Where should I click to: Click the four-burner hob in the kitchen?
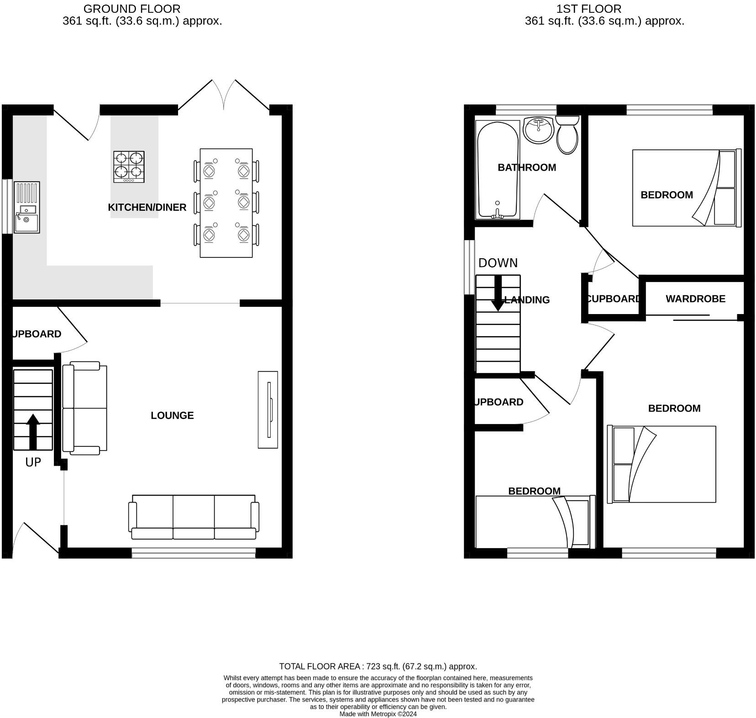(129, 167)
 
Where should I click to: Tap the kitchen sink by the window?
(27, 207)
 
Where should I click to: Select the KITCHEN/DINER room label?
(147, 207)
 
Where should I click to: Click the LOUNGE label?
(172, 415)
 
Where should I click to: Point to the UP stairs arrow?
(33, 431)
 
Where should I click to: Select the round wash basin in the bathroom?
(539, 130)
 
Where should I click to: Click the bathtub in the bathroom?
(498, 169)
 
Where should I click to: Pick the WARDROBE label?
(695, 299)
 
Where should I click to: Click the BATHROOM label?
(527, 168)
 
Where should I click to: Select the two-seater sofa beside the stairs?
(84, 408)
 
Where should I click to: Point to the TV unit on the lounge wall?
(268, 409)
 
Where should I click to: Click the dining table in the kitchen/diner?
(226, 203)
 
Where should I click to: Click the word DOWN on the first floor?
(498, 263)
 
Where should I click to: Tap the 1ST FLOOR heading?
(588, 9)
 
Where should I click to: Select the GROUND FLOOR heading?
(132, 9)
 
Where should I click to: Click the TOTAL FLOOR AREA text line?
(378, 666)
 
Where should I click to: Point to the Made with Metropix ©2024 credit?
(378, 714)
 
